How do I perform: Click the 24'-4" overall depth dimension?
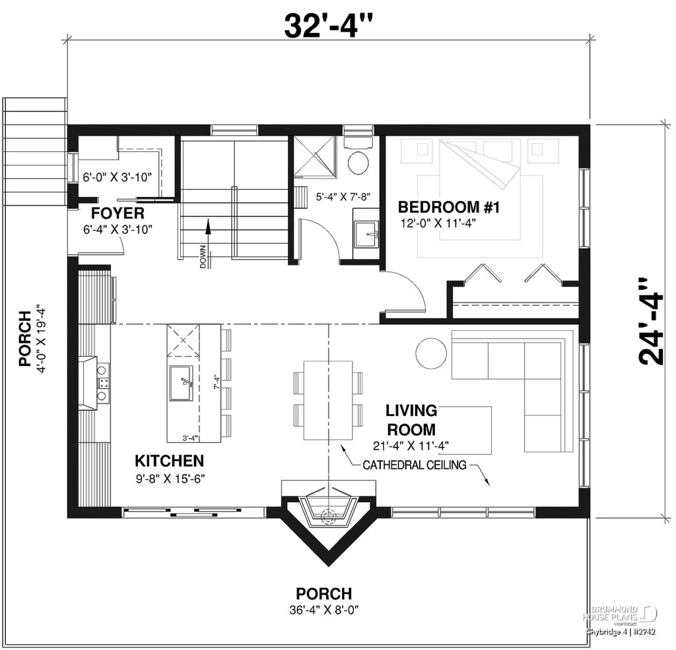pyautogui.click(x=651, y=320)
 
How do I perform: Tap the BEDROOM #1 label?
pyautogui.click(x=450, y=208)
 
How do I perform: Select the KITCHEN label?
pyautogui.click(x=169, y=460)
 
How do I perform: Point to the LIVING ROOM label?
pyautogui.click(x=410, y=419)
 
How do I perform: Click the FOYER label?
pyautogui.click(x=118, y=213)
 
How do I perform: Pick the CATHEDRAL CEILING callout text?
pyautogui.click(x=415, y=465)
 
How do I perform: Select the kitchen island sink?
pyautogui.click(x=181, y=383)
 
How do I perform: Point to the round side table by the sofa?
pyautogui.click(x=432, y=353)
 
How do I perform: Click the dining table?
pyautogui.click(x=328, y=400)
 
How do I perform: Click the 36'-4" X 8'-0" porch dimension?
pyautogui.click(x=323, y=608)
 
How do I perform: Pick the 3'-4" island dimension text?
pyautogui.click(x=189, y=437)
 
